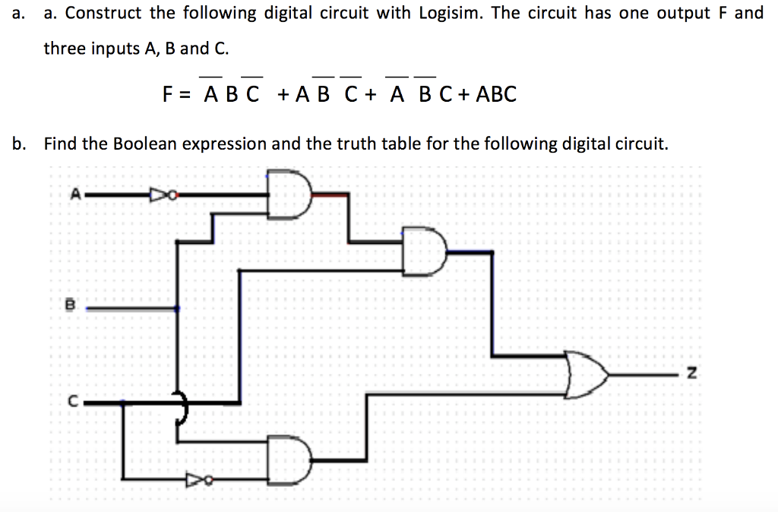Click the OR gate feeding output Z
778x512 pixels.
[587, 374]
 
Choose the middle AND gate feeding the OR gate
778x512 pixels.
[425, 251]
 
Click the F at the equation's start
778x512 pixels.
[168, 94]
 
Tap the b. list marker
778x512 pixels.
[18, 143]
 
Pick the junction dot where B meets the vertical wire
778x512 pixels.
[177, 308]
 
